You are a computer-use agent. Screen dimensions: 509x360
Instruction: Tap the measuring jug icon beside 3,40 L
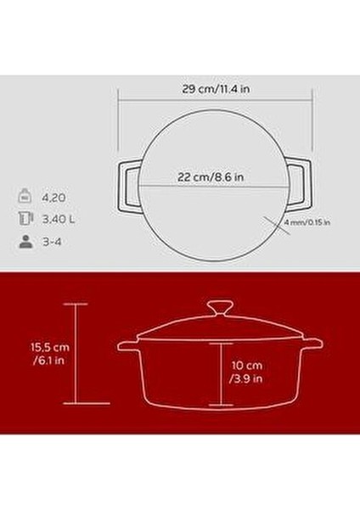[25, 219]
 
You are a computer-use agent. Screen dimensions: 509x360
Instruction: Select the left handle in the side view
[127, 344]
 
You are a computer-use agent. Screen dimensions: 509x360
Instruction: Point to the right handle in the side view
[312, 344]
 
